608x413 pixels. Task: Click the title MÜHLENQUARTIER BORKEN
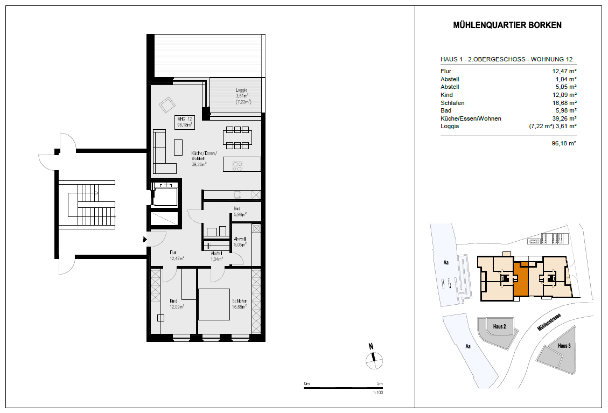pyautogui.click(x=507, y=25)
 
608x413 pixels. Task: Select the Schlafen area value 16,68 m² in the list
pyautogui.click(x=564, y=103)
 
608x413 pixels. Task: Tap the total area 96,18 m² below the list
pyautogui.click(x=564, y=143)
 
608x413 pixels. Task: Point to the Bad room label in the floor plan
pyautogui.click(x=237, y=208)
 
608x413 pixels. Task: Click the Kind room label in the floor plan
pyautogui.click(x=173, y=301)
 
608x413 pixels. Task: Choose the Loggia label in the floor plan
pyautogui.click(x=242, y=90)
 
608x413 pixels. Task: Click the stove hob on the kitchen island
pyautogui.click(x=237, y=166)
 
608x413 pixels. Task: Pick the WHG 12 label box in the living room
pyautogui.click(x=185, y=122)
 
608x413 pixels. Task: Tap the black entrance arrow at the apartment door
pyautogui.click(x=145, y=240)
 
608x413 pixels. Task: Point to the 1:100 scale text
pyautogui.click(x=378, y=393)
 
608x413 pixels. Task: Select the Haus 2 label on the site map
pyautogui.click(x=499, y=326)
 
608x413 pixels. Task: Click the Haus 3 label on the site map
pyautogui.click(x=564, y=346)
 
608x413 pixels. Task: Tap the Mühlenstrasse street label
pyautogui.click(x=549, y=322)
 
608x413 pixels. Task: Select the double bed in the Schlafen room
pyautogui.click(x=214, y=304)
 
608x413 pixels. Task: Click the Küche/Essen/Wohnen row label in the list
pyautogui.click(x=471, y=118)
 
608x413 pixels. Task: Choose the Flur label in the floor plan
pyautogui.click(x=173, y=253)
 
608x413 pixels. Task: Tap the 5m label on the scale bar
pyautogui.click(x=380, y=383)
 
